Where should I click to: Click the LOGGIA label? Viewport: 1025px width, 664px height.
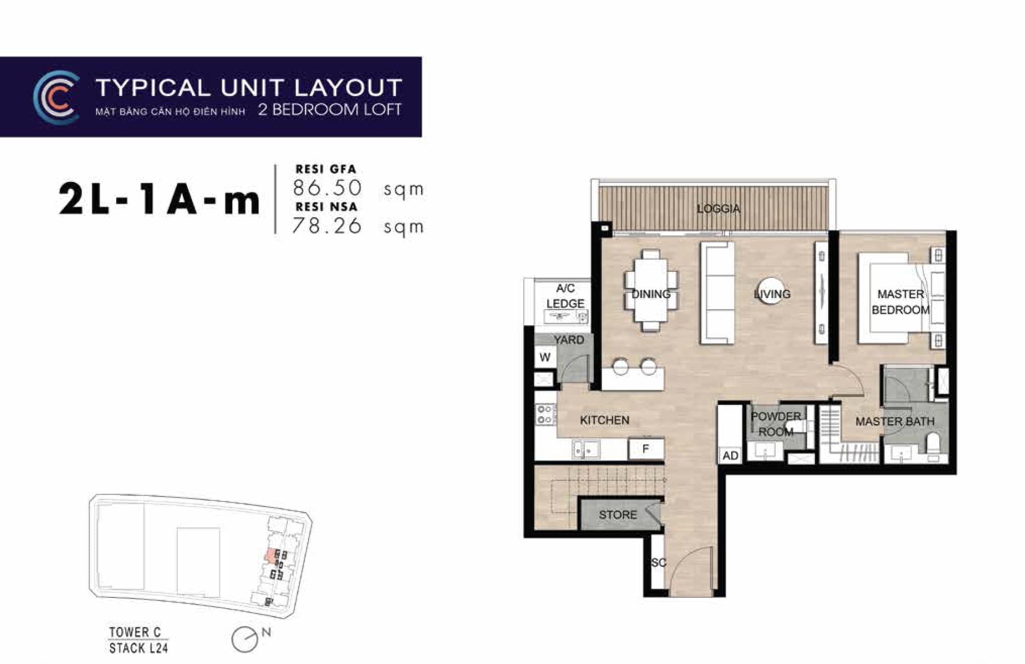[718, 209]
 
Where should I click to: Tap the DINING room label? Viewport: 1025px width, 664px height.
[651, 294]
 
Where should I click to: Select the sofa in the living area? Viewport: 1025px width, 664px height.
[717, 293]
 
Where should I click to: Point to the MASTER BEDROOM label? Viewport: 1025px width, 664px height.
[901, 302]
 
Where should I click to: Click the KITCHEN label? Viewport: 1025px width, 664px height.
[604, 420]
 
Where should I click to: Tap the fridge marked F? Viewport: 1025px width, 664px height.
[646, 449]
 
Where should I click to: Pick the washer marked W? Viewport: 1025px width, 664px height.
[545, 357]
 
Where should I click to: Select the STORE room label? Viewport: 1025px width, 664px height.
[618, 515]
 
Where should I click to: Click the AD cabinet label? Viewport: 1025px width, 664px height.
[730, 456]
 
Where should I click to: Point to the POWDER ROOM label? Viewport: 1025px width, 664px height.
[776, 424]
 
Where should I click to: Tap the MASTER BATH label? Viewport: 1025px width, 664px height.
[895, 421]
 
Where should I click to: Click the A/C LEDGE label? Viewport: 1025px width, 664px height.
[565, 296]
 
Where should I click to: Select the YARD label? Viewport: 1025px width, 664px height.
[569, 340]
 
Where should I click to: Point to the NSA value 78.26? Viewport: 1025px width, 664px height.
[327, 225]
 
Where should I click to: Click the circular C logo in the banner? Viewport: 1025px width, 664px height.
[56, 98]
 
